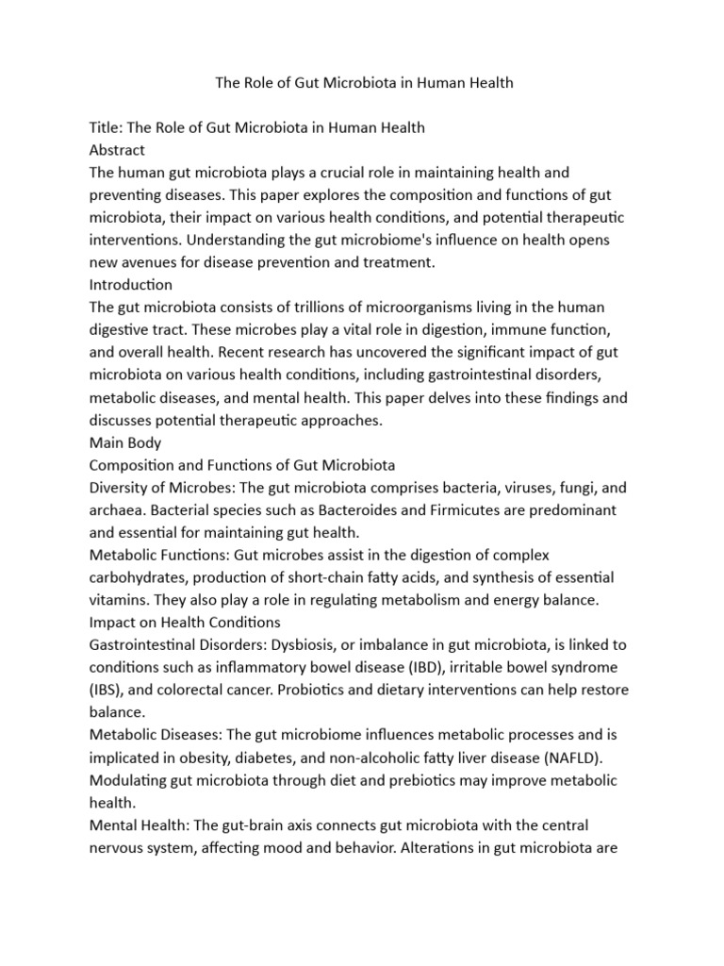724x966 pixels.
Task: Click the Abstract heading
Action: click(x=117, y=150)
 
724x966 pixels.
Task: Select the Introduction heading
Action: click(x=131, y=284)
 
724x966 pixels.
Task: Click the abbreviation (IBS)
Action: click(x=106, y=690)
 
